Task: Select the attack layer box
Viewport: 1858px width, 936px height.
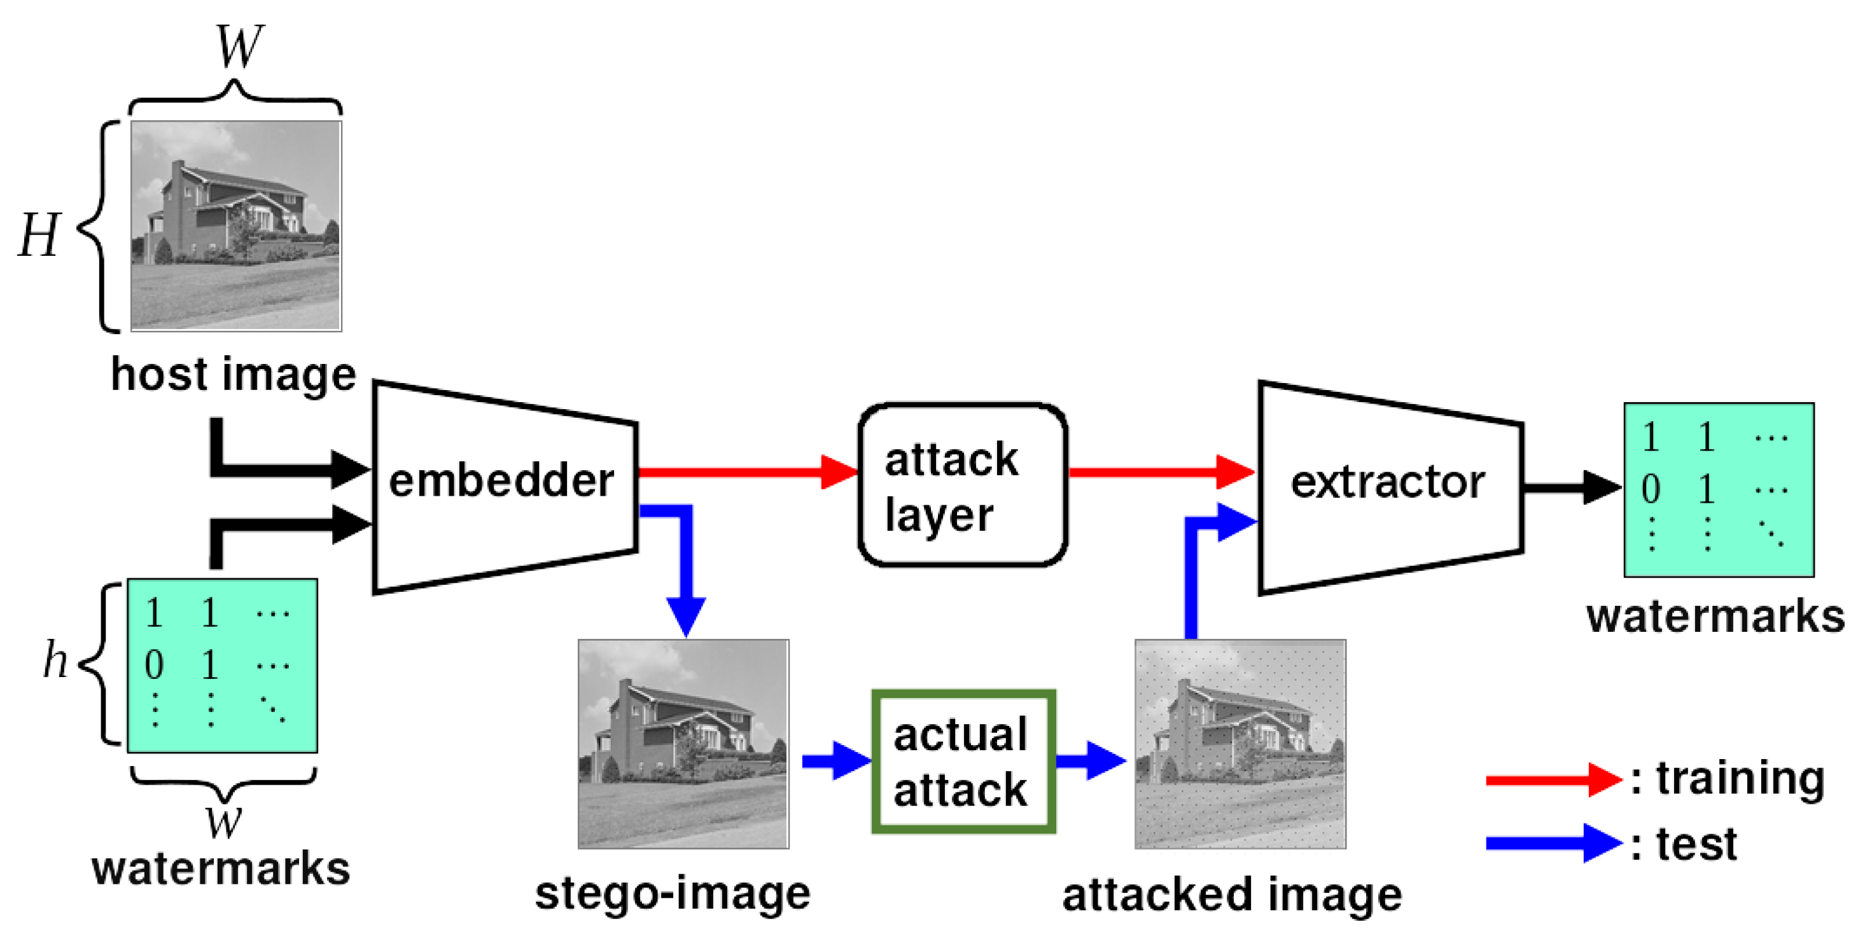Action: point(961,485)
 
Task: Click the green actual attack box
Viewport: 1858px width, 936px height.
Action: point(963,762)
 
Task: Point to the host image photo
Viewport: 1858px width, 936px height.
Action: point(236,225)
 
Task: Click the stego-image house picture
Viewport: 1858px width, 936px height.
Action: point(683,743)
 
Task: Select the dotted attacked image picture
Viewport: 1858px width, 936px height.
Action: point(1240,743)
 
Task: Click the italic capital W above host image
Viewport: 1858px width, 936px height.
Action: point(239,47)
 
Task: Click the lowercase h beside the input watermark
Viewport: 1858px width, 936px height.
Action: point(55,659)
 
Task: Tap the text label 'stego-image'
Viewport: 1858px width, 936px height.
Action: point(672,893)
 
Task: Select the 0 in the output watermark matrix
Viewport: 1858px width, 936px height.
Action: point(1651,489)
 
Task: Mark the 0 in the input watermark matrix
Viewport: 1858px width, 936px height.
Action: point(153,665)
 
